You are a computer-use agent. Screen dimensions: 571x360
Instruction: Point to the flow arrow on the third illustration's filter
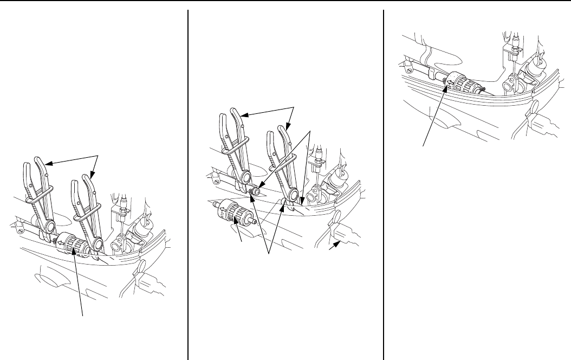click(x=450, y=82)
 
